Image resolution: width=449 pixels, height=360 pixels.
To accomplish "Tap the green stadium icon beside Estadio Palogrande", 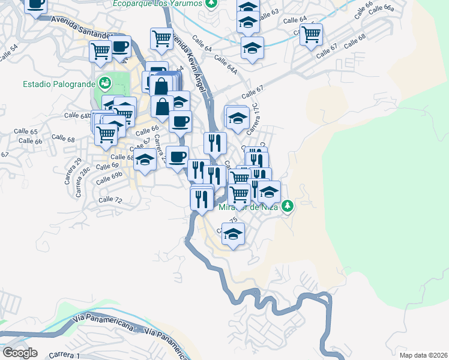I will [106, 82].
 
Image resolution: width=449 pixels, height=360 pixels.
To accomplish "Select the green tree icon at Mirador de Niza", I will [288, 205].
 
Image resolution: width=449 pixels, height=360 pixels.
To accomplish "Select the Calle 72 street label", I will [110, 199].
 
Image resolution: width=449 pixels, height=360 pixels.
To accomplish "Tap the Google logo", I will [20, 353].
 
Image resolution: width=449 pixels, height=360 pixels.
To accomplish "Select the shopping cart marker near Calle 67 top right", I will [311, 35].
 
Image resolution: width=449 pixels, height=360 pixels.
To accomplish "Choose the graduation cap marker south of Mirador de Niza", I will [233, 234].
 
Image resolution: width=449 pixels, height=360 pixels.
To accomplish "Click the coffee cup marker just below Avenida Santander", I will [121, 46].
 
